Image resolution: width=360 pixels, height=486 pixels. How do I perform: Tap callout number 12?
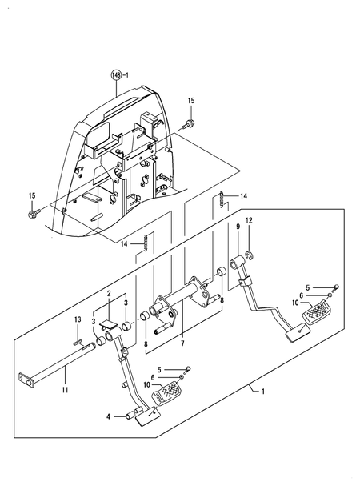pyautogui.click(x=249, y=220)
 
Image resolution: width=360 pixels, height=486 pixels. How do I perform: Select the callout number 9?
pyautogui.click(x=238, y=227)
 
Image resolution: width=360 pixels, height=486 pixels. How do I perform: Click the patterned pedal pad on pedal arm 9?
pyautogui.click(x=320, y=305)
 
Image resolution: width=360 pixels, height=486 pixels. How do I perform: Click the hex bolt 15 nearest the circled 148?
pyautogui.click(x=190, y=123)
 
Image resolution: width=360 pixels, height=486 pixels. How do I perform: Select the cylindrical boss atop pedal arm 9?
pyautogui.click(x=238, y=262)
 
